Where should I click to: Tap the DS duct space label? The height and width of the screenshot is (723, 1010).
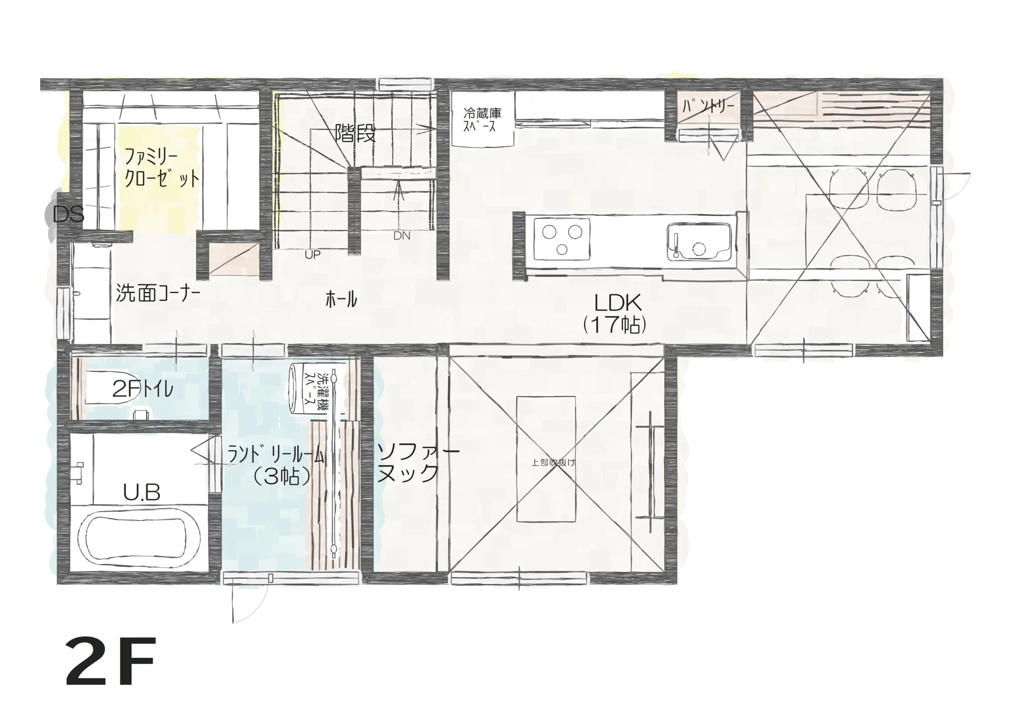[68, 215]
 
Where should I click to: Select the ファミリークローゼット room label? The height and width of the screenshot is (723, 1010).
[162, 168]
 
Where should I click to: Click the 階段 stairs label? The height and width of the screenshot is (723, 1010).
[355, 133]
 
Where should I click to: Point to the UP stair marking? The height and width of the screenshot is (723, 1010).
[312, 255]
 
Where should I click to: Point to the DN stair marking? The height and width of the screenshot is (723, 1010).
[402, 236]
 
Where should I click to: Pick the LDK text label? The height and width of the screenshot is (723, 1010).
[618, 304]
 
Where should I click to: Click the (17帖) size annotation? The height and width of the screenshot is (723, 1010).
[615, 325]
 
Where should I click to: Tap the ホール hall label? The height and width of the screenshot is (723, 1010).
[341, 299]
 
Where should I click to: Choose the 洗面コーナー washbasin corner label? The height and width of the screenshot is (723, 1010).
[158, 294]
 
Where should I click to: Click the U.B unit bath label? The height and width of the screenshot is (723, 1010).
[142, 493]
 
